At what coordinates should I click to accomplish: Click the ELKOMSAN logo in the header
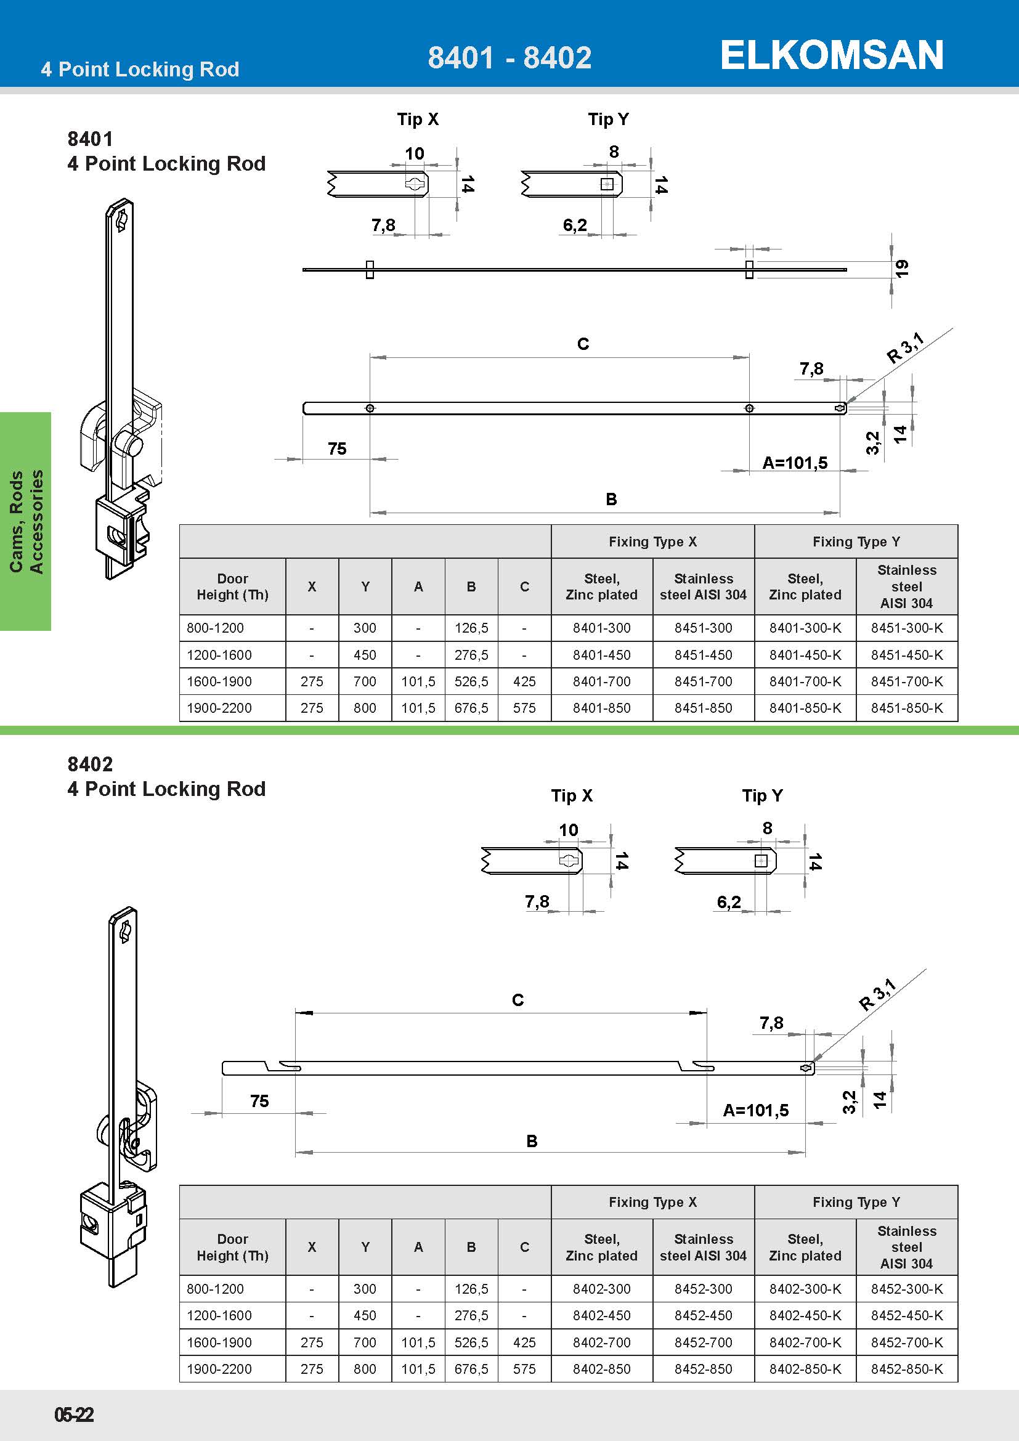pos(831,55)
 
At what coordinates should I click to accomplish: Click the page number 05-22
pos(74,1415)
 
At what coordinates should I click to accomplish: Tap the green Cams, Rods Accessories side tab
pos(26,521)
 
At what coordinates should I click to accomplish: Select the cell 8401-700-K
pos(805,681)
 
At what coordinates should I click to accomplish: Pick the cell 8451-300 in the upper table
pos(703,628)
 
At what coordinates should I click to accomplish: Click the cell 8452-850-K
pos(907,1369)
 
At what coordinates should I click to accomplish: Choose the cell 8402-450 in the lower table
pos(601,1315)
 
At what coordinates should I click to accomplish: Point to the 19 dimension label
pos(902,269)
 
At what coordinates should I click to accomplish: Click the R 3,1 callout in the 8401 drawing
pos(906,349)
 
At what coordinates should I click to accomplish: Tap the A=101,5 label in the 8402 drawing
pos(755,1110)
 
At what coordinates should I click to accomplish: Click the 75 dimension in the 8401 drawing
pos(337,449)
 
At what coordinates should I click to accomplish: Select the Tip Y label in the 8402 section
pos(761,796)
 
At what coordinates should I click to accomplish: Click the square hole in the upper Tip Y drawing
pos(607,184)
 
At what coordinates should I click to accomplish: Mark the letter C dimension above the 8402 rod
pos(518,1000)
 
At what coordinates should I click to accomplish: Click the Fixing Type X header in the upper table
pos(652,542)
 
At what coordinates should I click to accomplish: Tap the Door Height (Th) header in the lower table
pos(232,1247)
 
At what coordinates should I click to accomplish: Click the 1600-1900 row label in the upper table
pos(219,681)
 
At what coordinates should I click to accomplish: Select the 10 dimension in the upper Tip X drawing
pos(414,154)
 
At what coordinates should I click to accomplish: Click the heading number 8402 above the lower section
pos(91,765)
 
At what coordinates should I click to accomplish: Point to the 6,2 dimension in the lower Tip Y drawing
pos(728,903)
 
